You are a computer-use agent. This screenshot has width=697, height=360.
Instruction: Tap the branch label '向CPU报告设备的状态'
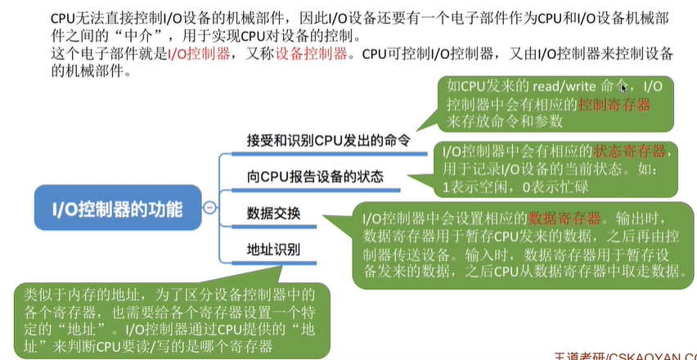(315, 176)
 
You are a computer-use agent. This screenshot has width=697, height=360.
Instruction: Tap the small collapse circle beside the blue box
(210, 208)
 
